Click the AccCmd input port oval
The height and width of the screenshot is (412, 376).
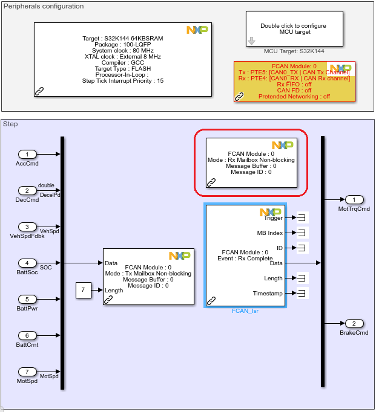(27, 154)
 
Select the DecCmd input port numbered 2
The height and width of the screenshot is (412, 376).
(27, 190)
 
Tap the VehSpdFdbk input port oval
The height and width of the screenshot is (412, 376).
(27, 227)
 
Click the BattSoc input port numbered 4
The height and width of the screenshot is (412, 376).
(27, 263)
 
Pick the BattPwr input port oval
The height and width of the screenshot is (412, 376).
(27, 299)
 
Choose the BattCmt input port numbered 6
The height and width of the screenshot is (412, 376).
(27, 335)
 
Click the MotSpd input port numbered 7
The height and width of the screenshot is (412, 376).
(27, 372)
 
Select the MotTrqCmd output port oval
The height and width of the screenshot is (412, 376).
(354, 199)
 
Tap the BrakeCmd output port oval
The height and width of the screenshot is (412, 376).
(354, 323)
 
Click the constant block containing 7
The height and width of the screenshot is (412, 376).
(84, 291)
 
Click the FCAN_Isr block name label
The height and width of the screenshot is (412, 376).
(245, 312)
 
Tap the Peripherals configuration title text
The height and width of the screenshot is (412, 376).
(44, 6)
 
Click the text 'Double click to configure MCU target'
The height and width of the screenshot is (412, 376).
(293, 28)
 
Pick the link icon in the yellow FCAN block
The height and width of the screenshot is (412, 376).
(239, 96)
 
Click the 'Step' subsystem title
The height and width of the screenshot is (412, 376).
(10, 124)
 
